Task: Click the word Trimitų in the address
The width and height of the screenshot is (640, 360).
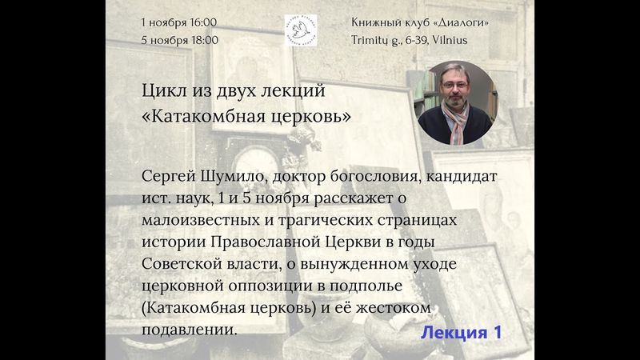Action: click(x=373, y=39)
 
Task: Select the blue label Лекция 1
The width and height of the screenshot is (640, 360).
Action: click(x=462, y=332)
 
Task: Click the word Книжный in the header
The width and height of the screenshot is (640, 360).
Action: click(x=375, y=21)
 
